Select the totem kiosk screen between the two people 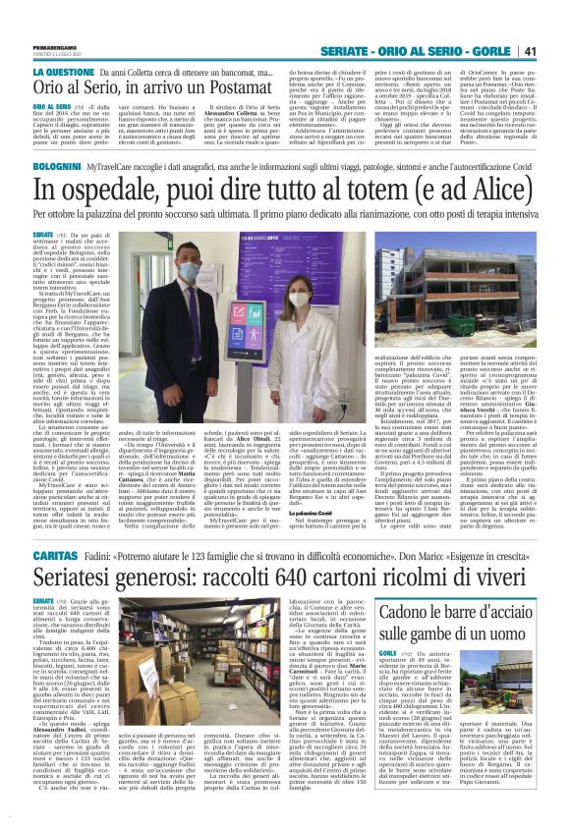(268, 249)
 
